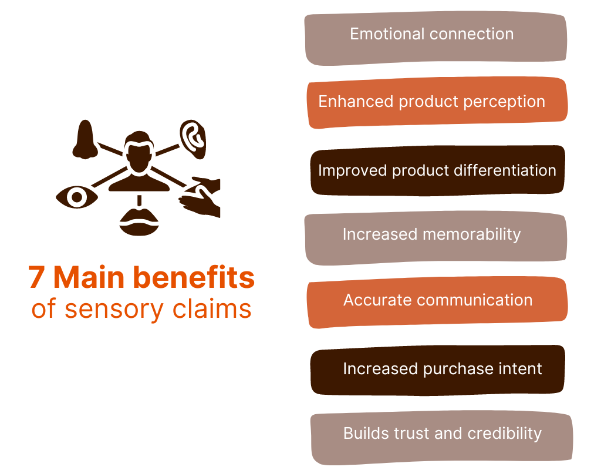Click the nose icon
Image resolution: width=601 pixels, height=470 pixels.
click(x=85, y=140)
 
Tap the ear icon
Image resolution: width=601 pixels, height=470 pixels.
click(x=193, y=140)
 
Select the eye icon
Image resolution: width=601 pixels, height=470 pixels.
click(x=77, y=197)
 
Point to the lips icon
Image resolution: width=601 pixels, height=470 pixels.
click(x=139, y=222)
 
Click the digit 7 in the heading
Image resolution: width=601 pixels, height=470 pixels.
click(x=36, y=277)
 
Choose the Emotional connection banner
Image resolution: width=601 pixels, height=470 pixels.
click(x=435, y=38)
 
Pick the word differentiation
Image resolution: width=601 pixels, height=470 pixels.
click(x=505, y=170)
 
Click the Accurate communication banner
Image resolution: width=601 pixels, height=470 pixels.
click(x=437, y=303)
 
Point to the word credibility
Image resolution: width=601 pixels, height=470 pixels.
click(x=504, y=434)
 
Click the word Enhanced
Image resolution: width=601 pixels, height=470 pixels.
click(x=356, y=101)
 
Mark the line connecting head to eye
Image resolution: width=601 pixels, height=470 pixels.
click(x=110, y=177)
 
